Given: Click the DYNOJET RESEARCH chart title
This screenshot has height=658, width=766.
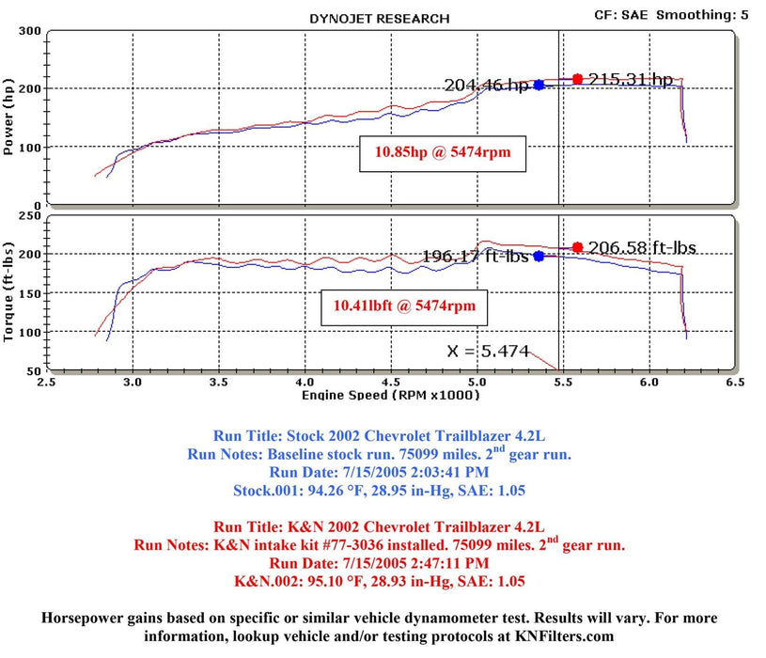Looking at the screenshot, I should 379,18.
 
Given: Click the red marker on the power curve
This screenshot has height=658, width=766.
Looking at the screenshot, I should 577,79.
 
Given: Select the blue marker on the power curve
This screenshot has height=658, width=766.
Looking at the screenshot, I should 539,85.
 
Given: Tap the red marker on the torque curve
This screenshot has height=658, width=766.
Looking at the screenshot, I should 577,247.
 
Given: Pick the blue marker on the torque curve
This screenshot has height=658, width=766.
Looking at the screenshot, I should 539,256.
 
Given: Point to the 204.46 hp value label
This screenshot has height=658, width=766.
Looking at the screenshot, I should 487,86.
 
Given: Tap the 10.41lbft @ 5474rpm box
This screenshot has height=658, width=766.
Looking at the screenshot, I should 405,305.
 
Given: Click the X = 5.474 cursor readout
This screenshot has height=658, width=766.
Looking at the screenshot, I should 489,352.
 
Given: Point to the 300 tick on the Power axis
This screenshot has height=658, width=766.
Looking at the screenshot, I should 30,31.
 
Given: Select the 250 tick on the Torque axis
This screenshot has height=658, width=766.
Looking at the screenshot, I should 30,216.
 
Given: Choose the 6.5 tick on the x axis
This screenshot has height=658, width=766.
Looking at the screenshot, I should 735,383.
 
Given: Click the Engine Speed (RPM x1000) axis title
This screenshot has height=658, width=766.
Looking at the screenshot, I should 390,395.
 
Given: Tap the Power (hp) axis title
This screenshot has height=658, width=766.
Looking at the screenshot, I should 10,117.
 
